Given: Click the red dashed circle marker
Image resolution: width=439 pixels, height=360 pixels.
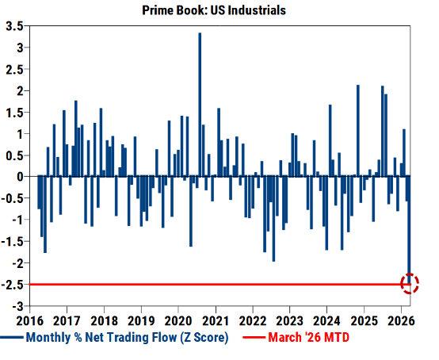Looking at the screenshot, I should (x=410, y=284).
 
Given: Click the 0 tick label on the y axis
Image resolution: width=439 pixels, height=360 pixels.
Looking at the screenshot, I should (x=18, y=176).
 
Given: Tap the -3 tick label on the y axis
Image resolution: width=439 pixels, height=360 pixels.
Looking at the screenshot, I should (x=16, y=305).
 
